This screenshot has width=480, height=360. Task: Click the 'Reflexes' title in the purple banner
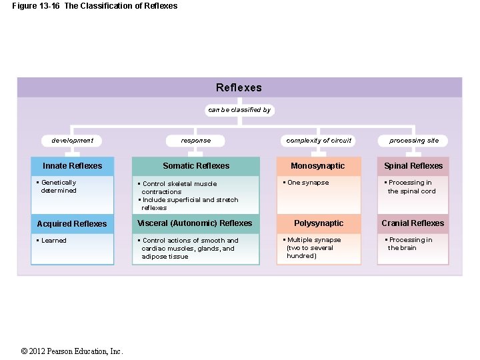[239, 87]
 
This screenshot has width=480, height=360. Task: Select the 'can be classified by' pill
[239, 110]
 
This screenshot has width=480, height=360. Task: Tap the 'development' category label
[72, 141]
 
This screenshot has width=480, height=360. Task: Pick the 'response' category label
[195, 141]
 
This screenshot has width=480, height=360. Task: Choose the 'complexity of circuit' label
[319, 141]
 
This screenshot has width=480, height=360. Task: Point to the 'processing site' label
[414, 141]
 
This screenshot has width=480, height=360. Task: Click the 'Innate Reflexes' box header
[73, 166]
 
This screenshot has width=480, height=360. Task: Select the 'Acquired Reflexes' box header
[72, 224]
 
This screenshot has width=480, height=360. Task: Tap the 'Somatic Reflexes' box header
[196, 166]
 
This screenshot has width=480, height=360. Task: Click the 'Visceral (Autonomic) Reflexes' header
[195, 223]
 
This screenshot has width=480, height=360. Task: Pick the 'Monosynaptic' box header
[319, 166]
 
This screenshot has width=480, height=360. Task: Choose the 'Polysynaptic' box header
[319, 223]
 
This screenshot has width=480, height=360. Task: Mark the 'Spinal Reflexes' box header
[413, 166]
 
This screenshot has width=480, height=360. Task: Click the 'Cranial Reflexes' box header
[413, 223]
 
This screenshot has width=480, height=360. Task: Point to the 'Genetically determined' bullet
[58, 187]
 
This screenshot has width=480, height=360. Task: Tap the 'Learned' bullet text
[53, 241]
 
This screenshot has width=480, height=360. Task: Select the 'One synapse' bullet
[307, 183]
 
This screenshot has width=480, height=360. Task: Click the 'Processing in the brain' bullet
[409, 244]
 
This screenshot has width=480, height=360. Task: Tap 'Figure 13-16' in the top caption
[35, 6]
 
